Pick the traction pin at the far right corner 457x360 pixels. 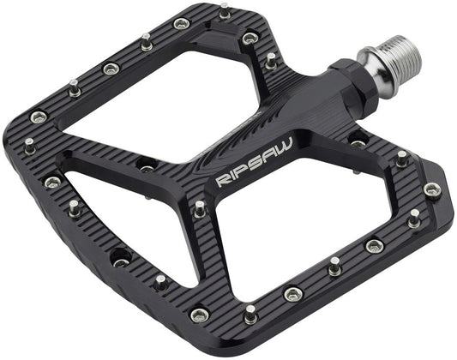[431, 189]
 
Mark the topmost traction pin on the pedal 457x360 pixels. [225, 12]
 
